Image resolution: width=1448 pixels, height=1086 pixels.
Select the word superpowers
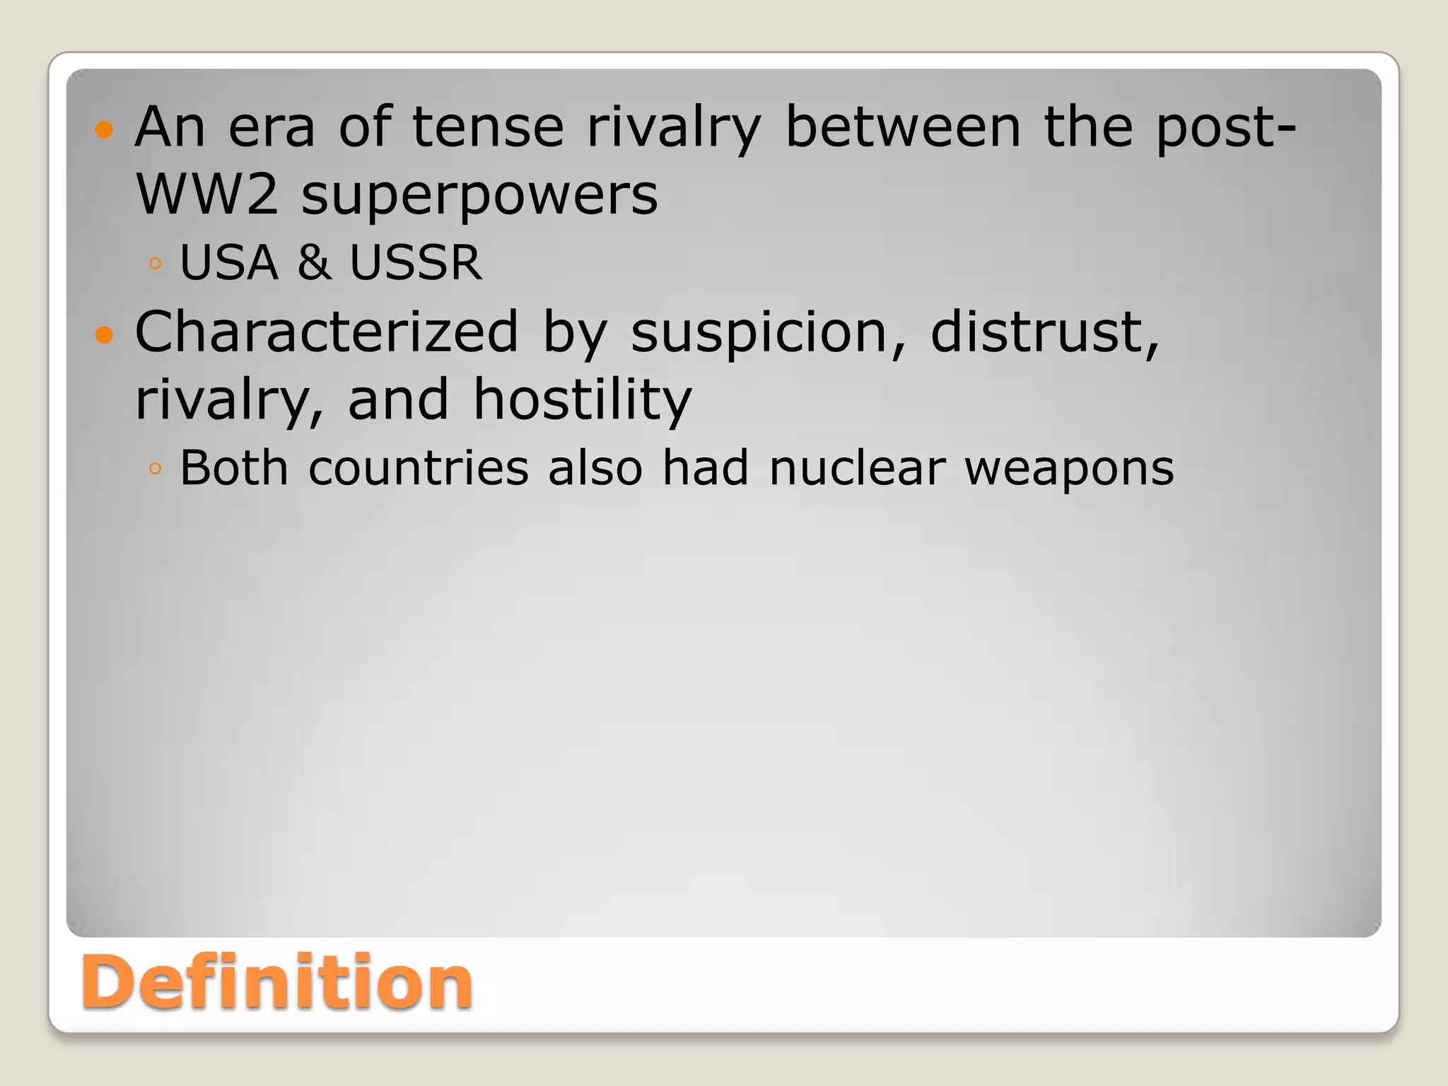click(x=479, y=195)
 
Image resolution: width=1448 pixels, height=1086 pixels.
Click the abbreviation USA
click(x=229, y=262)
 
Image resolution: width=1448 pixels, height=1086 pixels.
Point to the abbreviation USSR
click(x=416, y=262)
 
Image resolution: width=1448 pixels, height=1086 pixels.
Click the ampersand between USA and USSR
click(x=313, y=262)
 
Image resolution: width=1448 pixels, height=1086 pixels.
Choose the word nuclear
click(x=857, y=467)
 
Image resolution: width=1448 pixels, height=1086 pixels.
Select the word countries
click(x=419, y=467)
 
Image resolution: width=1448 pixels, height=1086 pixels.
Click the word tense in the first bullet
click(x=488, y=127)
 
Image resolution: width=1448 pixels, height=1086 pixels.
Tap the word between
click(x=903, y=127)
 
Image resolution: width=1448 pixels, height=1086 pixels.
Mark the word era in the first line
click(x=271, y=127)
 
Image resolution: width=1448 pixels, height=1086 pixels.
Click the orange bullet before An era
click(x=104, y=129)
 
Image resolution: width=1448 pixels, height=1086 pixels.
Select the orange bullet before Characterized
click(x=104, y=334)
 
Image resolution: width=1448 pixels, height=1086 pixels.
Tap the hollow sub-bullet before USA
click(x=156, y=264)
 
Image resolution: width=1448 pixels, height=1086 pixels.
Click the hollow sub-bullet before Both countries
click(x=156, y=468)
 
